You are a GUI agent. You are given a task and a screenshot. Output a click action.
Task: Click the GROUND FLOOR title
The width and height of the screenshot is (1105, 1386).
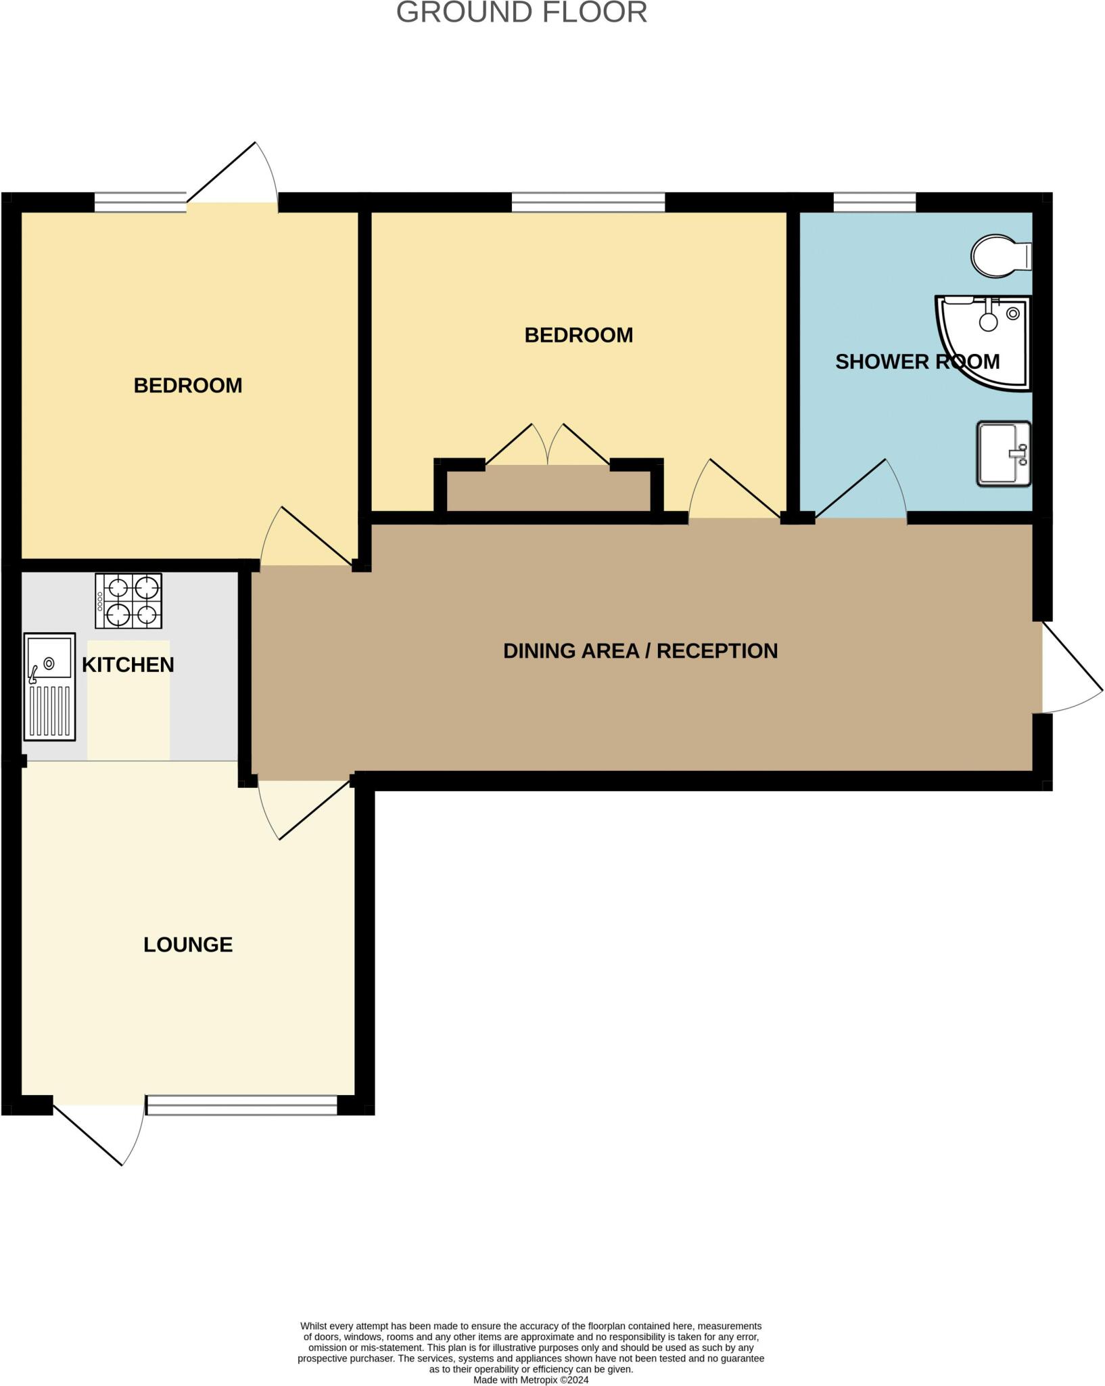click(521, 13)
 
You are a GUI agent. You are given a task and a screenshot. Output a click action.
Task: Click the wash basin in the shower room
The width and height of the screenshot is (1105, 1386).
click(1003, 453)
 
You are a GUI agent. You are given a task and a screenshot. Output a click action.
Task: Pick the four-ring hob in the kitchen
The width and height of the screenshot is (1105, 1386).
click(128, 601)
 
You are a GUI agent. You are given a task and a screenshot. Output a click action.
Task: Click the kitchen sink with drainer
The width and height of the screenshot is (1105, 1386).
click(49, 686)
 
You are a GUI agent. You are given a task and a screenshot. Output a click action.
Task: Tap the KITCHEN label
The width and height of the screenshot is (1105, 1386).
click(128, 665)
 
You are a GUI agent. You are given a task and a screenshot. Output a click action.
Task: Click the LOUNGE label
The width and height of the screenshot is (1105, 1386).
click(188, 944)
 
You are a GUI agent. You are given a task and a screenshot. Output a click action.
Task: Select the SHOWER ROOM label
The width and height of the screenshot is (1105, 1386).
click(917, 361)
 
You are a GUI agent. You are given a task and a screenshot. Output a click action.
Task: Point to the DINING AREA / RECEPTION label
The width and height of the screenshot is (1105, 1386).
click(640, 650)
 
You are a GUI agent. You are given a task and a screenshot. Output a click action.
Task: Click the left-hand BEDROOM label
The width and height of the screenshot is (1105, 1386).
click(188, 385)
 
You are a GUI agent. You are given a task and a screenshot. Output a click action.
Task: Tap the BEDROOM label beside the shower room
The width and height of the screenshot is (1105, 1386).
click(579, 335)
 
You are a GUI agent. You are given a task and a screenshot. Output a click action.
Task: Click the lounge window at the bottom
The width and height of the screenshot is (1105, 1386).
click(241, 1105)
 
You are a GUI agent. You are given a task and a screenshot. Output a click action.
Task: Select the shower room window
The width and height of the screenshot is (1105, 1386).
click(874, 202)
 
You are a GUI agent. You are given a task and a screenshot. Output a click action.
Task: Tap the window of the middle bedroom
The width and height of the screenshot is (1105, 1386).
click(588, 202)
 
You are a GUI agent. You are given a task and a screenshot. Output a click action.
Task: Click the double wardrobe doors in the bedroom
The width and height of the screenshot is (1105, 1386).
click(548, 447)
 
